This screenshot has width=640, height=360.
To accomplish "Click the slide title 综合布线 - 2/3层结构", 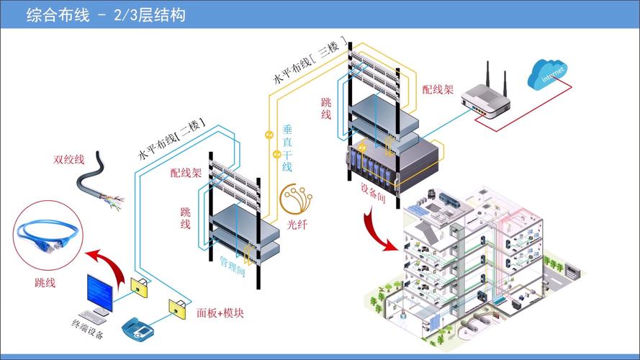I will coord(106,14).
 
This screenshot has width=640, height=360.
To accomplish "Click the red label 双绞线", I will coord(69,159).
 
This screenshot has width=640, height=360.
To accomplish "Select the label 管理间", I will coord(233,266).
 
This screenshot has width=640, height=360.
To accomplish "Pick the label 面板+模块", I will coord(220,313).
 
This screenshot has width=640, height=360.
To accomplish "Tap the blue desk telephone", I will coord(138,327).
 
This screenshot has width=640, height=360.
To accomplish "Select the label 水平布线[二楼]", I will coord(171,139).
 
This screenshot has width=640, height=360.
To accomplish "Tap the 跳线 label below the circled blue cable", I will coord(45,282).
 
